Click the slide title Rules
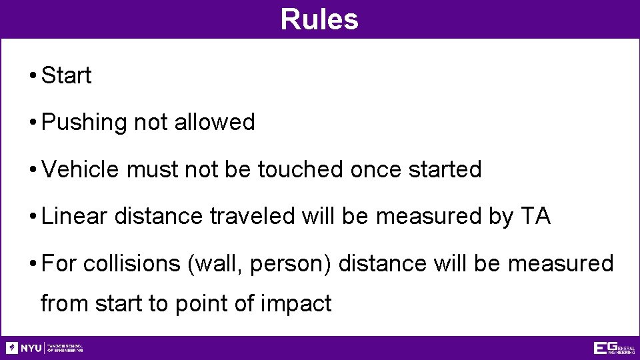319,19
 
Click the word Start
66,76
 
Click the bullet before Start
32,76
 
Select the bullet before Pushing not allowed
32,123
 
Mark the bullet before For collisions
32,263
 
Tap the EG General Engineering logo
613,348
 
